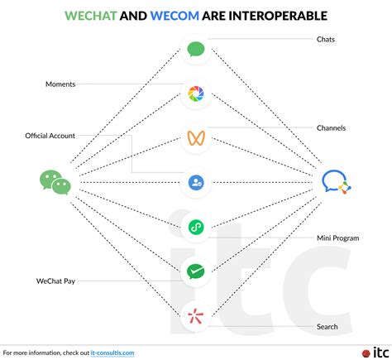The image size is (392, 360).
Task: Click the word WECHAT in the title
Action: (91, 16)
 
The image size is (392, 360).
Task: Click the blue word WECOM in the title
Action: (174, 16)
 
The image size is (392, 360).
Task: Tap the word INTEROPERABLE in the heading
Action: (278, 16)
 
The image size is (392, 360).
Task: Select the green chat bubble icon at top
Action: (196, 50)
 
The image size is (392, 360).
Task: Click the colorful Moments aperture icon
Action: (196, 94)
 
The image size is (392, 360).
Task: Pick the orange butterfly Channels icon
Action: (196, 138)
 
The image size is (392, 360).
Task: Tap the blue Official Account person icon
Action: (196, 183)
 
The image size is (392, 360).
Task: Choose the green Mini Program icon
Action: (196, 228)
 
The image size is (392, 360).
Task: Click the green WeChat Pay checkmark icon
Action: (196, 271)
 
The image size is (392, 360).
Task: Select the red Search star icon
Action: (196, 316)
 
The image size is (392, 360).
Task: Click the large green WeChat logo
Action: (55, 182)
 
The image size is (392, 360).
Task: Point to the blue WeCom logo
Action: (337, 182)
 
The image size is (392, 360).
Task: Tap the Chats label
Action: (326, 40)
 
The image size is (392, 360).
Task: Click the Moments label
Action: (60, 84)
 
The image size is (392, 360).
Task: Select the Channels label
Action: (331, 128)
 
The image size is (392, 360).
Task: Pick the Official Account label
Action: (50, 136)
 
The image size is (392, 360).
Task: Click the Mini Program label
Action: (338, 238)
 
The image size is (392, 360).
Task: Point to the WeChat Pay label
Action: (55, 281)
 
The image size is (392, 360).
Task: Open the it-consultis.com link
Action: (112, 353)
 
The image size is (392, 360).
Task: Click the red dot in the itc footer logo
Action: (366, 353)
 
